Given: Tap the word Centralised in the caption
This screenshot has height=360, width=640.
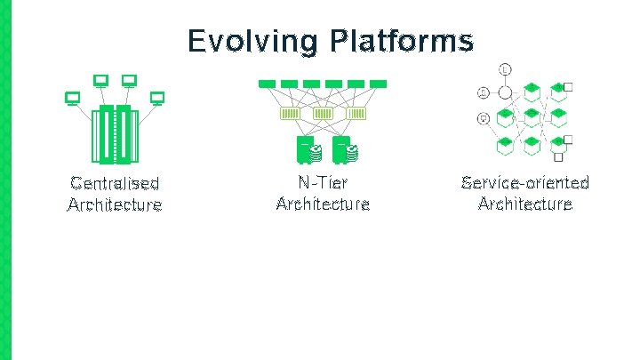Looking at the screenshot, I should click(x=115, y=184).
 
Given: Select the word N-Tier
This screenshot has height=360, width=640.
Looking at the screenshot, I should click(x=323, y=183).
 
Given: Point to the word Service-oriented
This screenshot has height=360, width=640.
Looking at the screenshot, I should click(x=524, y=183).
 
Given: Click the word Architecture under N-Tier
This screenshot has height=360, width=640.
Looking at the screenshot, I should click(x=323, y=204).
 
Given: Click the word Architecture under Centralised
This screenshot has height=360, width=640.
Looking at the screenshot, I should click(x=115, y=205).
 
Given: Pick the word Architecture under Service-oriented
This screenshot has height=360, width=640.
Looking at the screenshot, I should click(x=524, y=204).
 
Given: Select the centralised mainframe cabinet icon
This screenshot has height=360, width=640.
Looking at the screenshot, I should click(x=116, y=133).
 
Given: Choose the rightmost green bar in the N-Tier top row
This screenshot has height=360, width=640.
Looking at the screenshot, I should click(x=377, y=84).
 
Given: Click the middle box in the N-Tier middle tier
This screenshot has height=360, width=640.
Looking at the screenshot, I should click(x=322, y=114).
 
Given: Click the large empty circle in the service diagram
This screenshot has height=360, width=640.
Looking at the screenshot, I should click(x=505, y=92).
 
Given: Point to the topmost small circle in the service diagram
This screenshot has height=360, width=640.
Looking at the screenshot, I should click(x=505, y=68).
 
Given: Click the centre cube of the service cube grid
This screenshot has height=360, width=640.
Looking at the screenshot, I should click(x=531, y=116).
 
